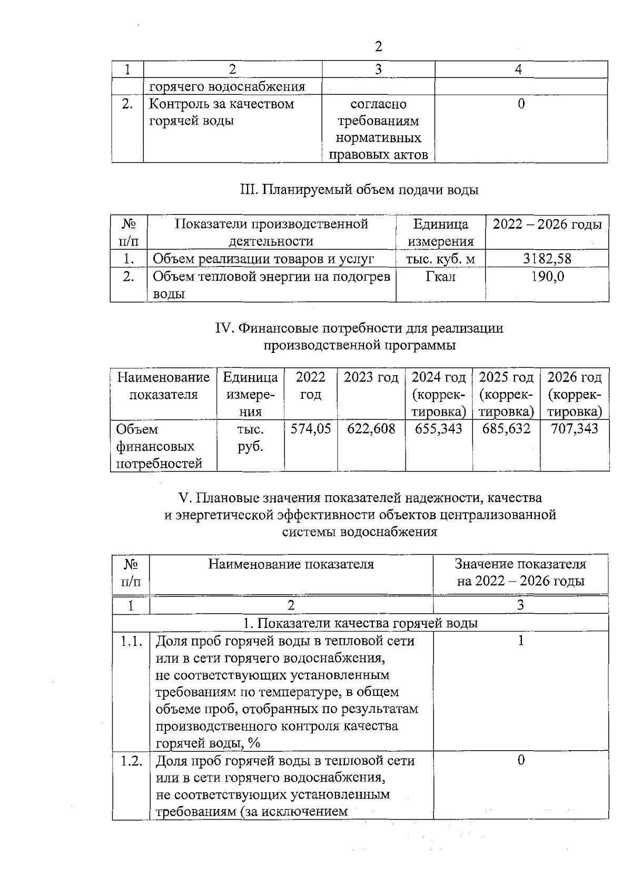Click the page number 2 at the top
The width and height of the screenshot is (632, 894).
click(x=378, y=47)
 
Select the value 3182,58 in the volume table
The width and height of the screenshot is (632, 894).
click(x=547, y=259)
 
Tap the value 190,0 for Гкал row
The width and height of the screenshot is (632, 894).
click(x=547, y=276)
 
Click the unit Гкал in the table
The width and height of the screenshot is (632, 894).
click(x=440, y=276)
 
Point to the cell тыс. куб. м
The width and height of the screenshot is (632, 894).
click(x=440, y=259)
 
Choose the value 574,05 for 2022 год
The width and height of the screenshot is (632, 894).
click(x=311, y=429)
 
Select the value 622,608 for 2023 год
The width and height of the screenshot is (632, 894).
click(x=371, y=429)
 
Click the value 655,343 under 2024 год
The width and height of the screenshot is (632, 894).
click(x=439, y=429)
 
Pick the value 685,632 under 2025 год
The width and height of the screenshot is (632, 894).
click(x=506, y=429)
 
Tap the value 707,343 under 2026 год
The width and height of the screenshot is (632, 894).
click(x=575, y=429)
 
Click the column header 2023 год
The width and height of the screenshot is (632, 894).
click(x=371, y=378)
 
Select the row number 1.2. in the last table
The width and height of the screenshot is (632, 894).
click(x=131, y=761)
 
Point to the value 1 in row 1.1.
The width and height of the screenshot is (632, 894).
click(x=521, y=641)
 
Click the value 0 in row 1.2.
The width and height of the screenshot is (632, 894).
click(x=521, y=760)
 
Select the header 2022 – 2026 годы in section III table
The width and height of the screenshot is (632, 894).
click(x=547, y=224)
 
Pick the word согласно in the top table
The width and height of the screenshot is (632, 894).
click(x=378, y=104)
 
